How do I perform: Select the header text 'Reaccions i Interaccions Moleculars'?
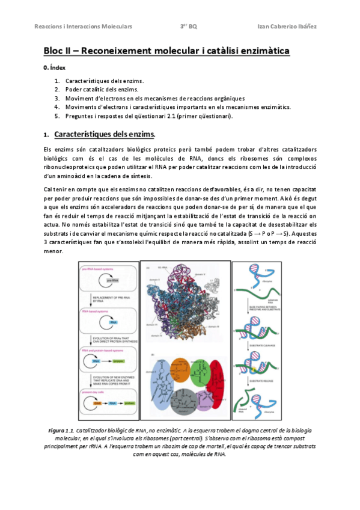tap(84, 26)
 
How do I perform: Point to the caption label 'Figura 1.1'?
tap(60, 431)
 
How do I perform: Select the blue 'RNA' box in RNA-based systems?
tap(113, 322)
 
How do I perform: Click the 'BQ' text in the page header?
tap(192, 26)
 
